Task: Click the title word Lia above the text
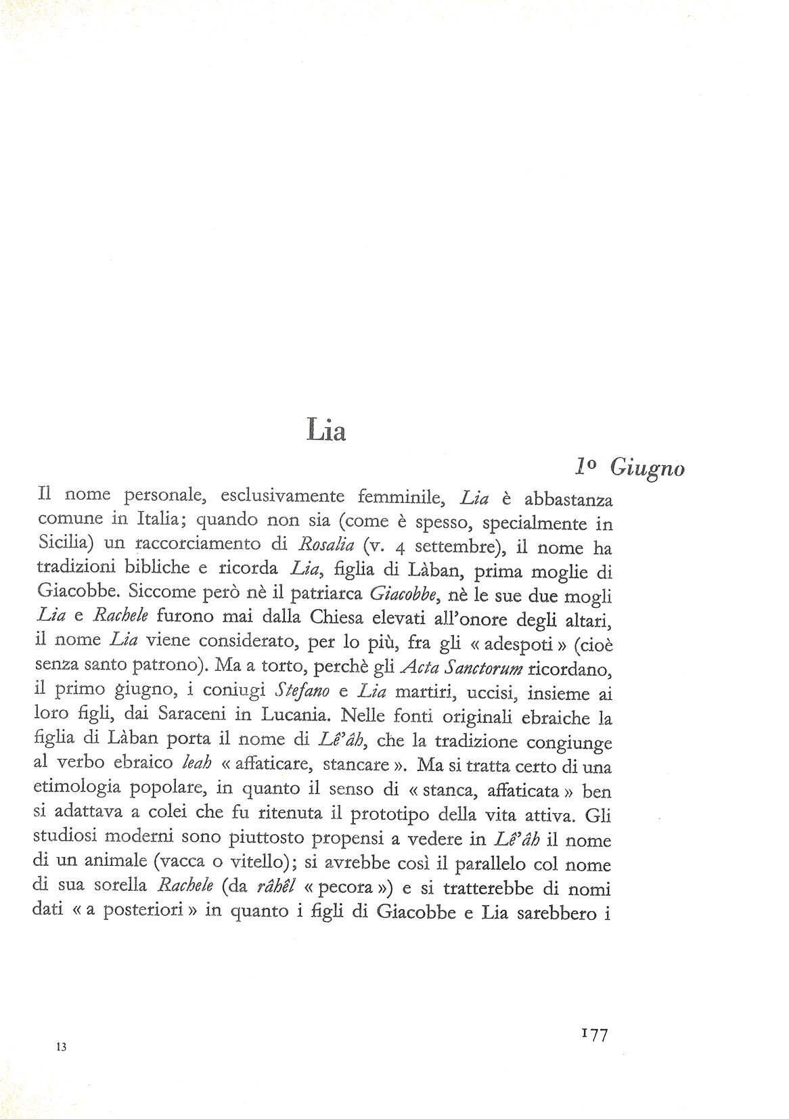325,430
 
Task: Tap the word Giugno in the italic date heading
646,468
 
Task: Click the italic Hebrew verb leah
197,764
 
